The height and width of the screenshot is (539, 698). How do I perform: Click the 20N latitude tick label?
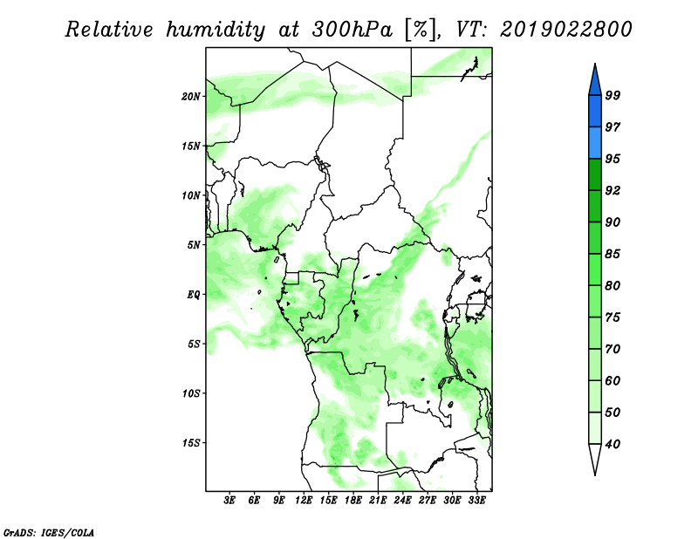pyautogui.click(x=191, y=97)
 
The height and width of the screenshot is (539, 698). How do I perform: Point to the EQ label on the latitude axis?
pyautogui.click(x=193, y=295)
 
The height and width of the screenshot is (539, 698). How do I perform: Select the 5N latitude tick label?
pyautogui.click(x=194, y=245)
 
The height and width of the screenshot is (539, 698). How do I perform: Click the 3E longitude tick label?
pyautogui.click(x=229, y=501)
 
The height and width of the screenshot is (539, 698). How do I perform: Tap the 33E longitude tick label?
pyautogui.click(x=476, y=501)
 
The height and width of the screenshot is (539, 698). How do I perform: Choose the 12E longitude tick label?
pyautogui.click(x=303, y=501)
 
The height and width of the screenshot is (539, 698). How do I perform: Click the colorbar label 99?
pyautogui.click(x=612, y=95)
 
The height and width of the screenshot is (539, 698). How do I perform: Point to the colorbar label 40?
pyautogui.click(x=612, y=444)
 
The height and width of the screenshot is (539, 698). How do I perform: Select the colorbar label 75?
pyautogui.click(x=612, y=317)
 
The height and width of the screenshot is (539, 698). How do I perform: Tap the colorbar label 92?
pyautogui.click(x=612, y=190)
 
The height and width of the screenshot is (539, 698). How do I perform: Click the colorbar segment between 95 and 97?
pyautogui.click(x=595, y=143)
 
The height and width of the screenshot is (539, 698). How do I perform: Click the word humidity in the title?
pyautogui.click(x=216, y=30)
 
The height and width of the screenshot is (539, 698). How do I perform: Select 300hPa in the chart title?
pyautogui.click(x=352, y=30)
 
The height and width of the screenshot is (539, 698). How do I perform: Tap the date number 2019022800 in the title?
pyautogui.click(x=566, y=30)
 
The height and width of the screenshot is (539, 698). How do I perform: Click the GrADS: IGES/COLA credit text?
pyautogui.click(x=49, y=533)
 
